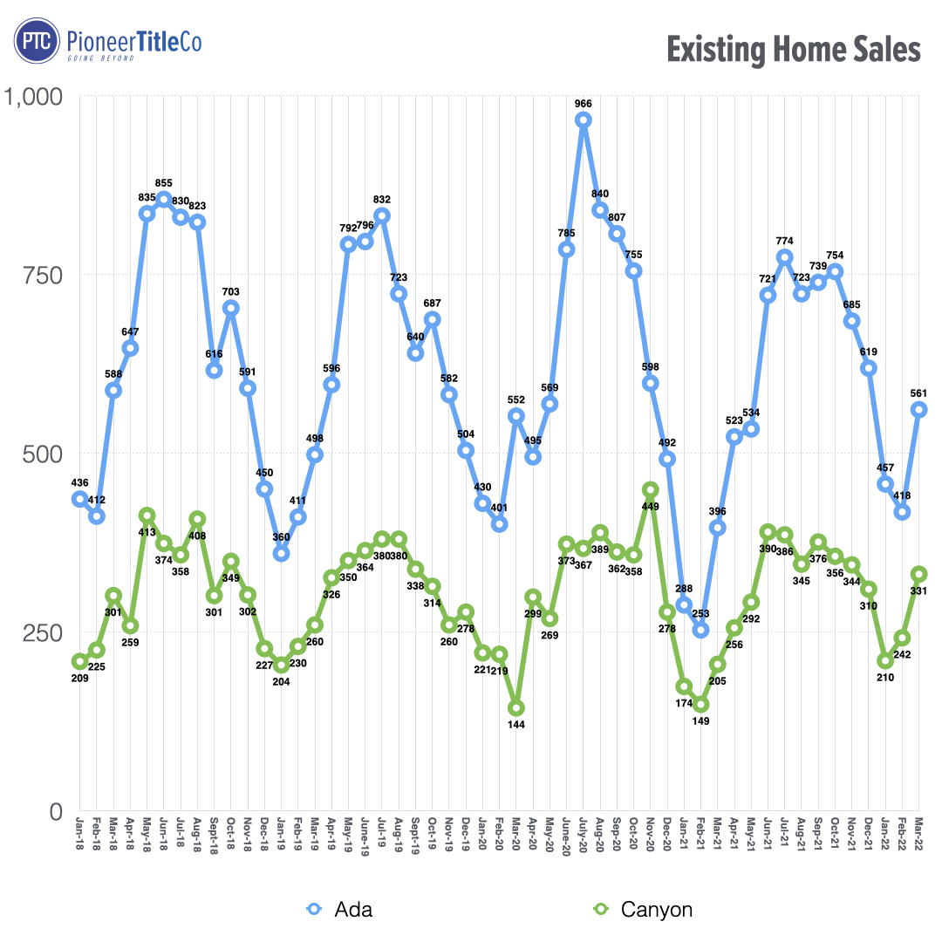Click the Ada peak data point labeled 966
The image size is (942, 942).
pyautogui.click(x=584, y=119)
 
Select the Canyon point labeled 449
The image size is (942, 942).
pyautogui.click(x=651, y=489)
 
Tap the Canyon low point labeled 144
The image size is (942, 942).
pyautogui.click(x=516, y=708)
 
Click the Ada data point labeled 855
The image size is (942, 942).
pyautogui.click(x=164, y=199)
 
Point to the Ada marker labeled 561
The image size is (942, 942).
pyautogui.click(x=919, y=409)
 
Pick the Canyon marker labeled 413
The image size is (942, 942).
pyautogui.click(x=147, y=515)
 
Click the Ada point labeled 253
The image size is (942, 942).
pyautogui.click(x=701, y=630)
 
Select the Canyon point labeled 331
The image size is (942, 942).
pyautogui.click(x=919, y=574)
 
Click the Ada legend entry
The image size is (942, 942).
pyautogui.click(x=340, y=910)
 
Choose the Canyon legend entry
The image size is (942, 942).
pyautogui.click(x=642, y=910)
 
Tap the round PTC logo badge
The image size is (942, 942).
pyautogui.click(x=36, y=41)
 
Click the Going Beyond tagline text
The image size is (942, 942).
pyautogui.click(x=101, y=58)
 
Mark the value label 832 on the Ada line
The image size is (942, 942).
pyautogui.click(x=382, y=199)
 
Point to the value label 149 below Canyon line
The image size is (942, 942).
pyautogui.click(x=701, y=720)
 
